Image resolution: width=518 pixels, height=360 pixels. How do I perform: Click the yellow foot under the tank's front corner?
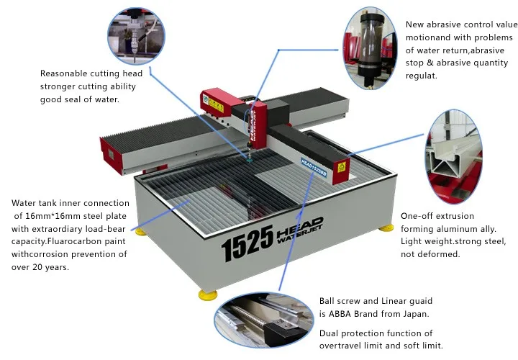tap(208, 294)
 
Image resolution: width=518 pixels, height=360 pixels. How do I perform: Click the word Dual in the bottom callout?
tap(330, 333)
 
